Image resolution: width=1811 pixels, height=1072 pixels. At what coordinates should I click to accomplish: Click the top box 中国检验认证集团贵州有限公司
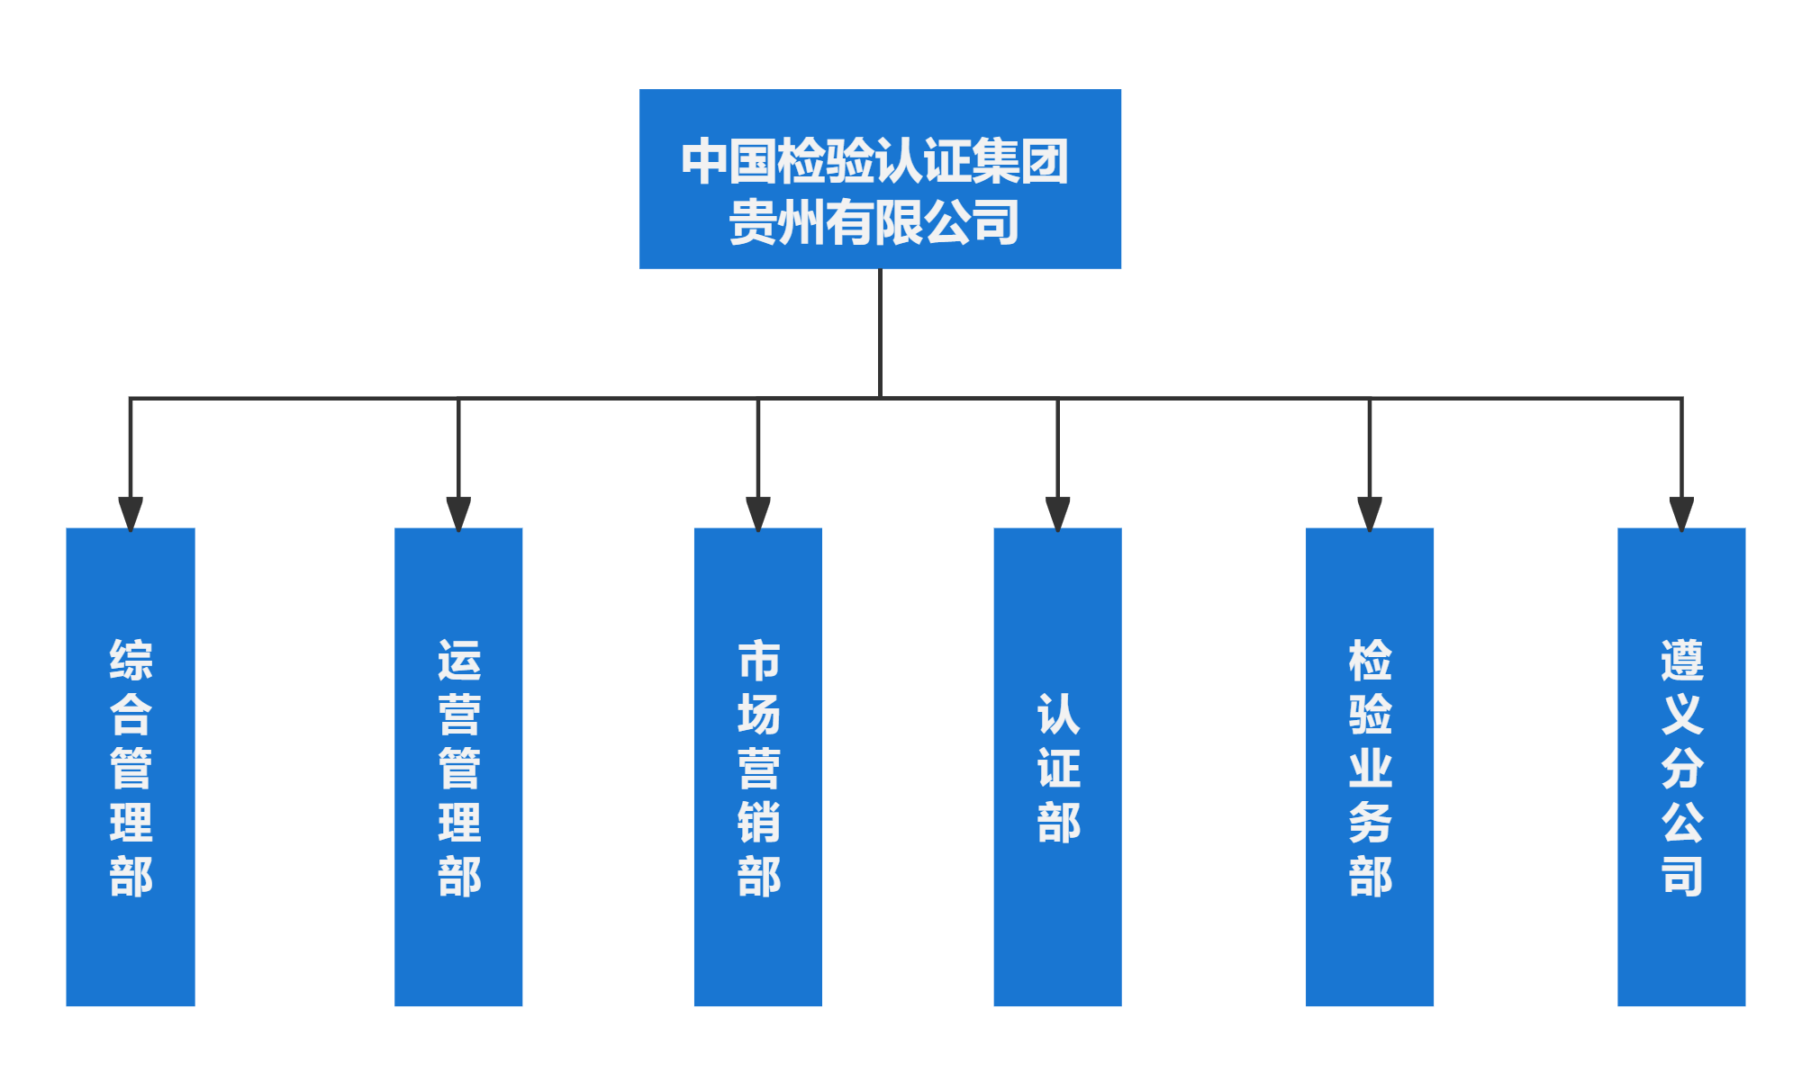tap(880, 178)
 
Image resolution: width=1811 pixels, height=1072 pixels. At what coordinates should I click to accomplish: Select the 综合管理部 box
tap(131, 767)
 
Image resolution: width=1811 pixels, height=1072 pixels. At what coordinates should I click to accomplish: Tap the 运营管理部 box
tap(458, 767)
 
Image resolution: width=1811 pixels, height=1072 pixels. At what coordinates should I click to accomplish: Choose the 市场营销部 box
tap(758, 767)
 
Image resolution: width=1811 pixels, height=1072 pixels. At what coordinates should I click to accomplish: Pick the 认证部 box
tap(1057, 767)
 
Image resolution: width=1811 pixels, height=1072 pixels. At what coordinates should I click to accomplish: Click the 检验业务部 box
tap(1370, 767)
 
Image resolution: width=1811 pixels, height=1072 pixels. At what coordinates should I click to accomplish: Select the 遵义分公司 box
tap(1681, 767)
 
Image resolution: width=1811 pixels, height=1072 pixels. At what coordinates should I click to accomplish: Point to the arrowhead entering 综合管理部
tap(131, 514)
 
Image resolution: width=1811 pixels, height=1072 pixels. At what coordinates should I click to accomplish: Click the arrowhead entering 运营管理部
tap(458, 514)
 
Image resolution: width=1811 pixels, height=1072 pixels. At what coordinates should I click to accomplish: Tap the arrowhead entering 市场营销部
tap(758, 514)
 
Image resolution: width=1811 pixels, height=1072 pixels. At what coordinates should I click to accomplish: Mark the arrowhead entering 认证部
tap(1057, 514)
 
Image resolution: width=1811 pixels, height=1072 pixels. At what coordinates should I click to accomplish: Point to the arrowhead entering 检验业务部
tap(1370, 514)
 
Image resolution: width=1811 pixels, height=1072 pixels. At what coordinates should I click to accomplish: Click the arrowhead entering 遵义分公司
tap(1681, 514)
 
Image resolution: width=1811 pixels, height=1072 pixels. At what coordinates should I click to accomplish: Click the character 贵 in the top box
tap(753, 222)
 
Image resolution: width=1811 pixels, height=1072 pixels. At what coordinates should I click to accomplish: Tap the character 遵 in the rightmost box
tap(1682, 660)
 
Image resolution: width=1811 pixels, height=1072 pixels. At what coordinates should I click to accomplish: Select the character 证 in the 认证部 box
tap(1058, 768)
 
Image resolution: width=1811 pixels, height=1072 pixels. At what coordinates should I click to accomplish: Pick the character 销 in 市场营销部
tap(759, 822)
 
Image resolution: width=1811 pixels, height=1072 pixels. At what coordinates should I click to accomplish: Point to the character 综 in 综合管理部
tap(131, 660)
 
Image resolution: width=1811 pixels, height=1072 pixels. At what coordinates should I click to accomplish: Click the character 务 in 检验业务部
tap(1371, 822)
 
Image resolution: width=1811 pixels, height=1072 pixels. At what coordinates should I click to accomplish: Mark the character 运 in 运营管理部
tap(459, 660)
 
